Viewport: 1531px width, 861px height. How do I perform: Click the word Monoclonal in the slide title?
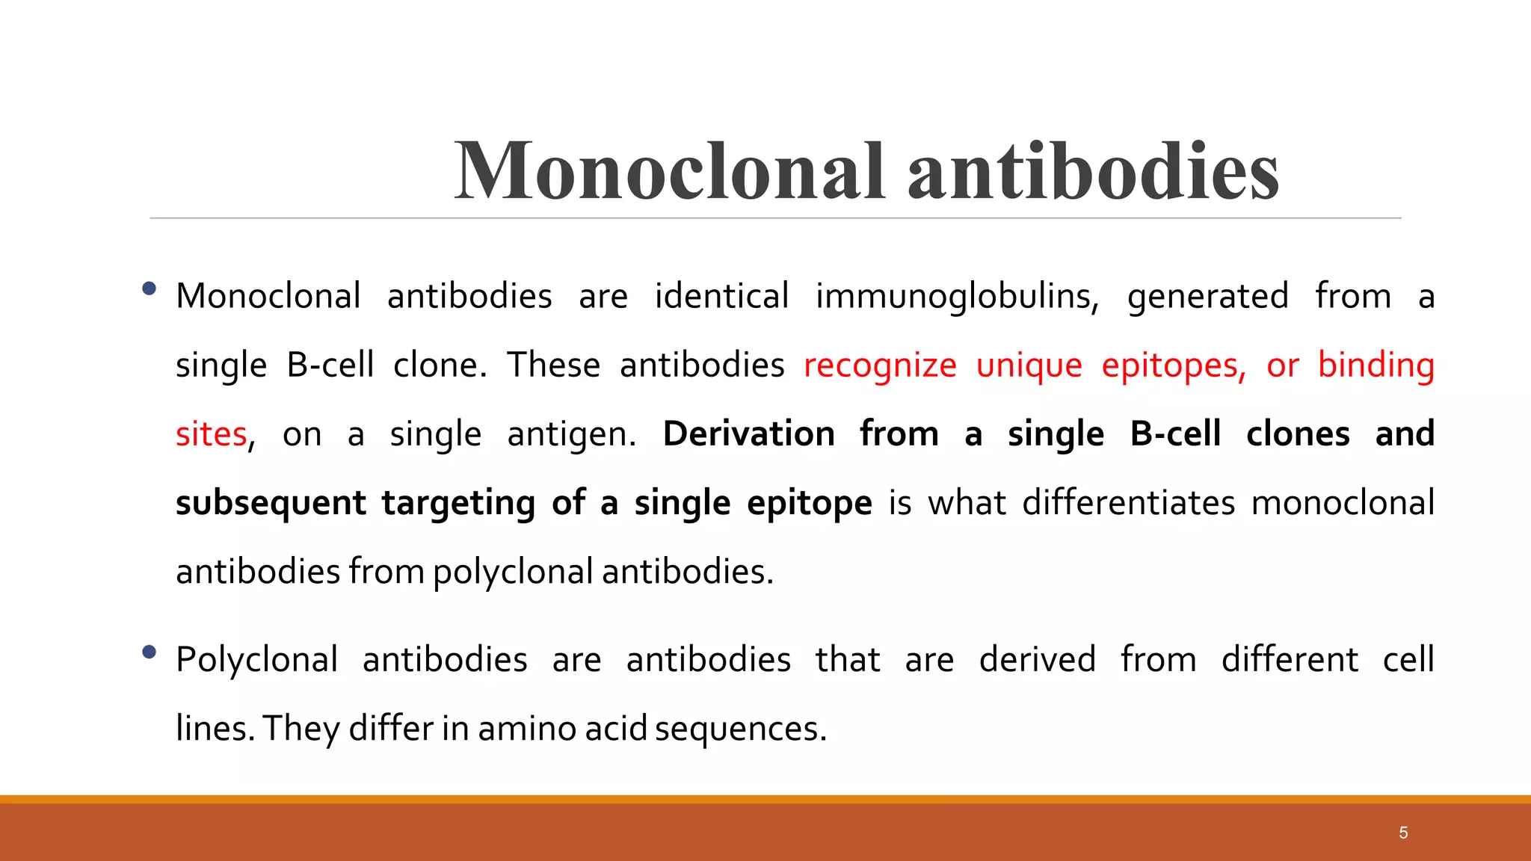670,171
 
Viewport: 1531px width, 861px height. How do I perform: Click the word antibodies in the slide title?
1093,171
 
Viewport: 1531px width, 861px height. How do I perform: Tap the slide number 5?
1403,833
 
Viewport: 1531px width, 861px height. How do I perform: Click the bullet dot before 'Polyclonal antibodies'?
149,652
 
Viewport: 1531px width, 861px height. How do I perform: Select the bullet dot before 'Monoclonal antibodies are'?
149,288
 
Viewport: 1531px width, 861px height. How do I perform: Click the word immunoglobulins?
957,297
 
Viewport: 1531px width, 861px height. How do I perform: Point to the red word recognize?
880,366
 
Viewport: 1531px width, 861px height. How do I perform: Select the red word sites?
211,435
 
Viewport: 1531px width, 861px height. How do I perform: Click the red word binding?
1376,366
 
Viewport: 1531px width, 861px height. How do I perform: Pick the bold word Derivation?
748,434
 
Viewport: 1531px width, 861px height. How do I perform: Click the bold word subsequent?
271,504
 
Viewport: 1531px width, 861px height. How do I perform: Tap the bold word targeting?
458,504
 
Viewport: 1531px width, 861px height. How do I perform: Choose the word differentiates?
1129,503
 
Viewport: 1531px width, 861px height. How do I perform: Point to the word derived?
1038,660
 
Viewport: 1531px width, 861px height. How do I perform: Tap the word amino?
526,729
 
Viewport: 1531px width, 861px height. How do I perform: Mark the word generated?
1207,297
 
